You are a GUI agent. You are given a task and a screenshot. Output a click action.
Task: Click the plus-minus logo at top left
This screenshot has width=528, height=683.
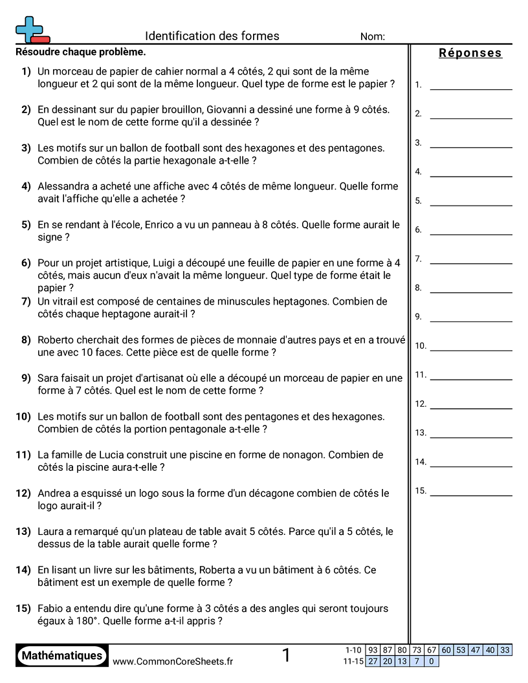click(31, 30)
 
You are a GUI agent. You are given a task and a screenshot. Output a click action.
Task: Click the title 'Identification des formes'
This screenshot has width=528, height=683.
click(212, 36)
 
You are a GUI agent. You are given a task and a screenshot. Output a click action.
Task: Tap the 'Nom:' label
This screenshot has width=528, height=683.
click(373, 37)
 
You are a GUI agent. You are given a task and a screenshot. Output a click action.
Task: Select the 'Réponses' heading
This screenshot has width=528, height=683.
click(470, 53)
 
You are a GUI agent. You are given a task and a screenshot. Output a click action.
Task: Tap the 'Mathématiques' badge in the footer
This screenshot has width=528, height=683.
click(62, 656)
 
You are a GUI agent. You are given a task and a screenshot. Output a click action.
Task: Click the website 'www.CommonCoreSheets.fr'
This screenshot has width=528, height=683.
click(173, 661)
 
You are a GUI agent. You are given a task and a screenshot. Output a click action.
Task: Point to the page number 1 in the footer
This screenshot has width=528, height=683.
click(286, 656)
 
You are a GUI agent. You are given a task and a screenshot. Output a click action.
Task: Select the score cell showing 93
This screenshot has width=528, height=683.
click(373, 650)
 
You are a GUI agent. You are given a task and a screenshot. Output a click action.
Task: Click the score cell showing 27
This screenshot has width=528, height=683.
click(373, 661)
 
